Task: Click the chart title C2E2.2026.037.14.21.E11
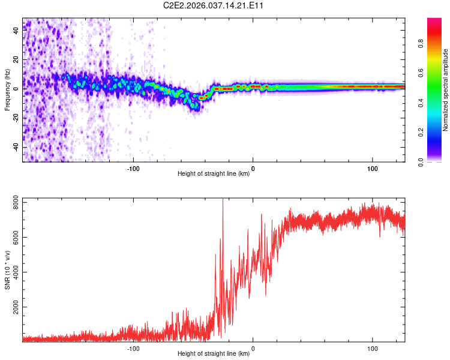[x=214, y=6]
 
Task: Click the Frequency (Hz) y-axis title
[x=7, y=90]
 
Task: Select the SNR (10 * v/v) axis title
[x=7, y=269]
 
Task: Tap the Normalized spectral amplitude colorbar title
[x=446, y=90]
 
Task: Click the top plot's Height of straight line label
[x=214, y=174]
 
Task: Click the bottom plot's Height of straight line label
[x=214, y=354]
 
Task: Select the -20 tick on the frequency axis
[x=16, y=118]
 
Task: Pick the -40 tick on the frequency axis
[x=16, y=147]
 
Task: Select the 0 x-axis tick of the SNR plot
[x=253, y=348]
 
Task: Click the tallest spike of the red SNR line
[x=223, y=200]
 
